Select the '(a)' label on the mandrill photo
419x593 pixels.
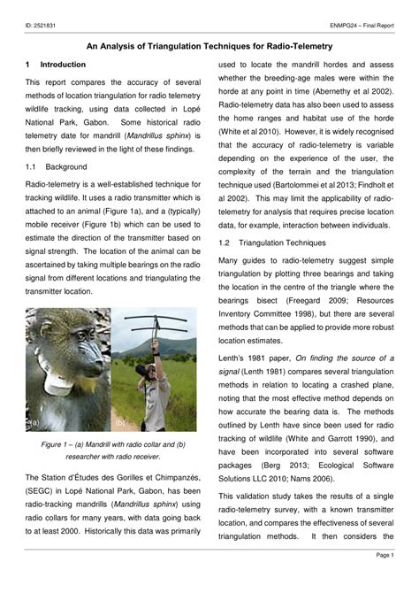click(34, 423)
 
